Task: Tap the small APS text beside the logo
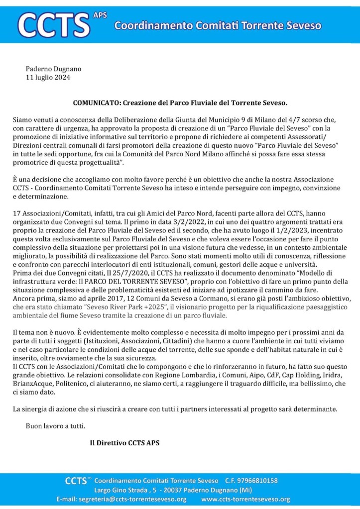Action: pyautogui.click(x=100, y=15)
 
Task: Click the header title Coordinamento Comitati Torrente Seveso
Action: pyautogui.click(x=218, y=25)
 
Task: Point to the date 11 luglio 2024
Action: pyautogui.click(x=48, y=78)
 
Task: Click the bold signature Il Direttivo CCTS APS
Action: pyautogui.click(x=124, y=442)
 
